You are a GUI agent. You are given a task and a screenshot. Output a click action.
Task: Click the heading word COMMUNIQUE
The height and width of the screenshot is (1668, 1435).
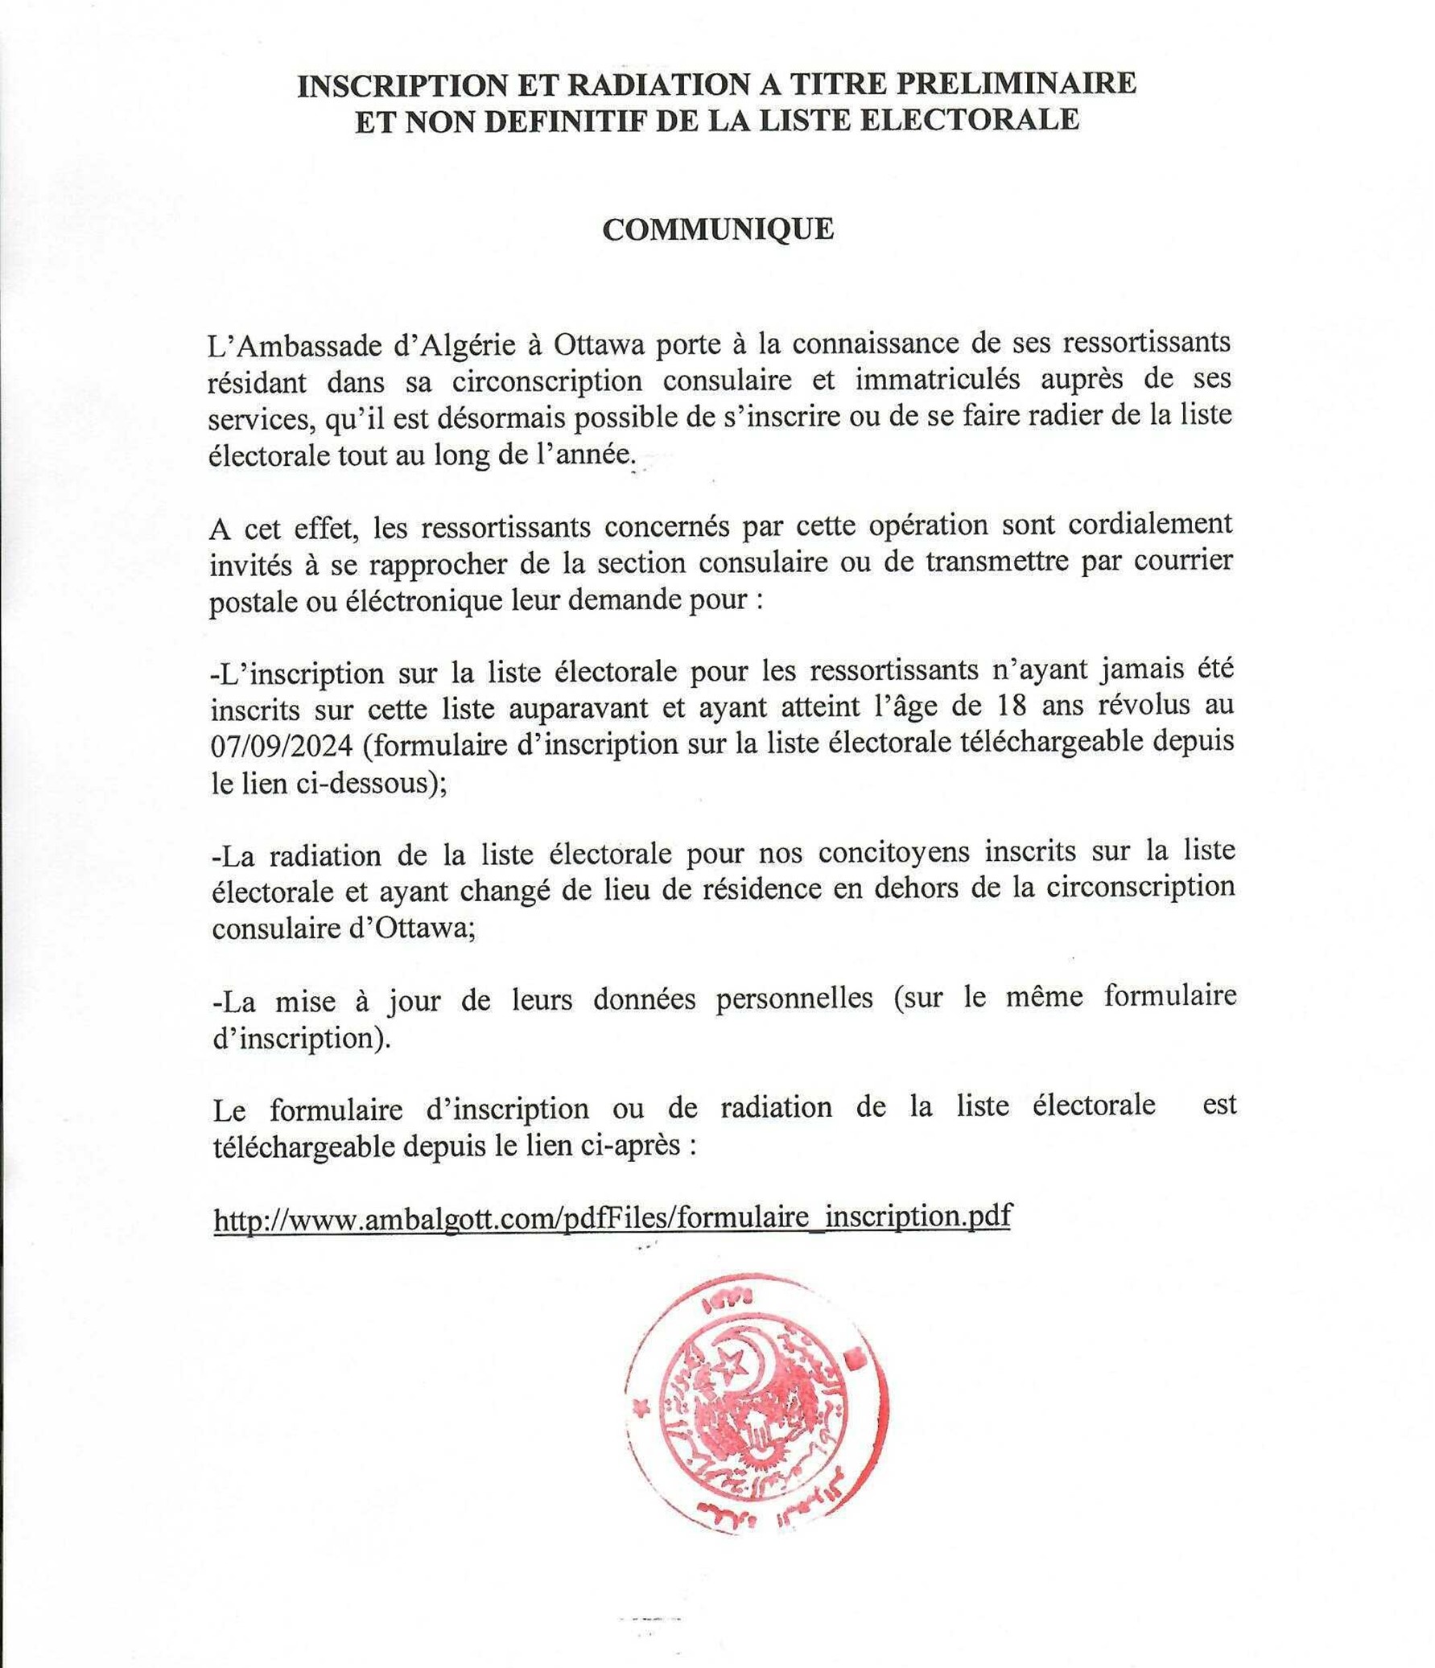718,230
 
